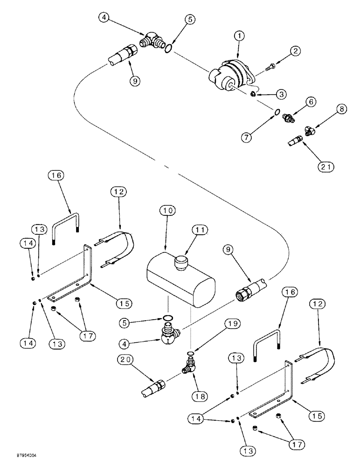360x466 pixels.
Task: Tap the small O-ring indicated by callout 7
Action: (x=277, y=111)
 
